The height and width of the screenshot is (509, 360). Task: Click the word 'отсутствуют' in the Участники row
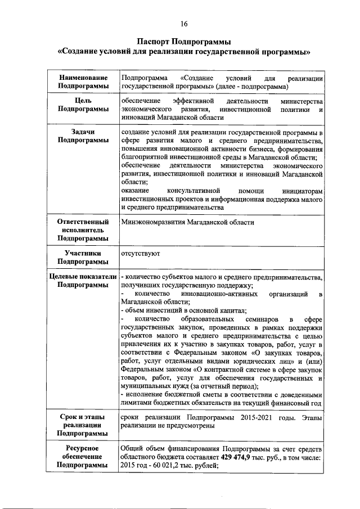[141, 254]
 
